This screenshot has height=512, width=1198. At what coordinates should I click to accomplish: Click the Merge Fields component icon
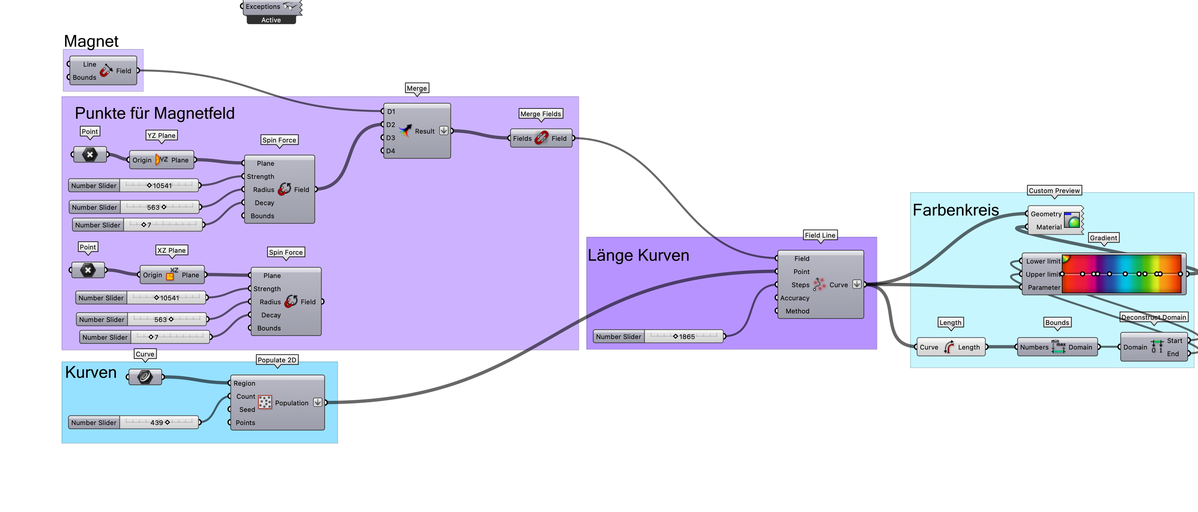[x=541, y=138]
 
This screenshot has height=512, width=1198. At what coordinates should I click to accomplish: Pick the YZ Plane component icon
[x=161, y=160]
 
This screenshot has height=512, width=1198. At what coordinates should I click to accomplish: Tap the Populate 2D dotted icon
[x=265, y=402]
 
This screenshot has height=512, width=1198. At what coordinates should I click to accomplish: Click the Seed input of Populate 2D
[x=247, y=409]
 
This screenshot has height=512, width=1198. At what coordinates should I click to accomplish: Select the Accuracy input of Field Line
[x=794, y=298]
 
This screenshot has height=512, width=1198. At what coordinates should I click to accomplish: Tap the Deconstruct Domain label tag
[x=1153, y=317]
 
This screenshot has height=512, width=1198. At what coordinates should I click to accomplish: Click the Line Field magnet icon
[x=106, y=71]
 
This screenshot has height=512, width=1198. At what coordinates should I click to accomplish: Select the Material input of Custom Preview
[x=1048, y=227]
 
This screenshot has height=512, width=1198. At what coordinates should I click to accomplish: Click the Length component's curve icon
[x=949, y=347]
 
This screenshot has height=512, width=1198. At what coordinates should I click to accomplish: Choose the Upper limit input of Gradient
[x=1042, y=274]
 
